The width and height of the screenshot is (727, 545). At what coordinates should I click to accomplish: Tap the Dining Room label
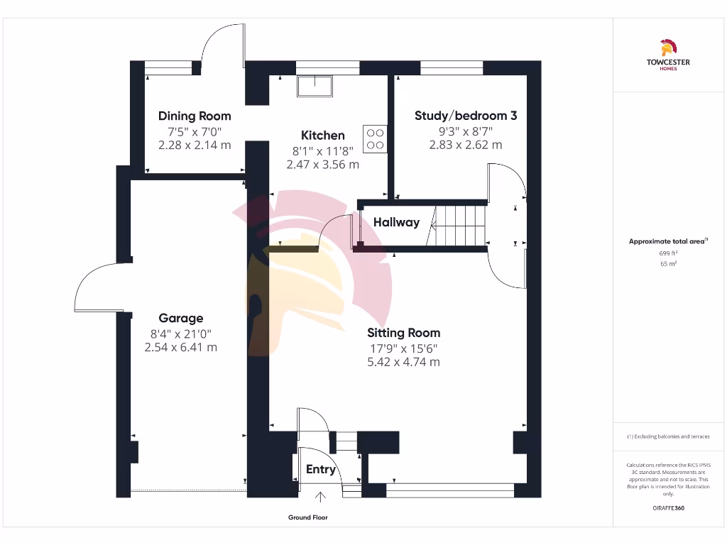pos(195,116)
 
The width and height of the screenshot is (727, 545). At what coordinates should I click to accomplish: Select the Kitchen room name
pos(323,136)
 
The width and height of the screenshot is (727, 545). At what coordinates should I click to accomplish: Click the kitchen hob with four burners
pos(376,139)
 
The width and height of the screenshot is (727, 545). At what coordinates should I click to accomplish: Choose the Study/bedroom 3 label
pos(465,116)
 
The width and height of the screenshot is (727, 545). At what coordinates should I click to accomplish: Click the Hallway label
pos(396,223)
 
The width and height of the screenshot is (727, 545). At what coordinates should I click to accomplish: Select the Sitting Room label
pos(403,333)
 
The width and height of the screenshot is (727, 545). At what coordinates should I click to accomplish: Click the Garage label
pos(180,319)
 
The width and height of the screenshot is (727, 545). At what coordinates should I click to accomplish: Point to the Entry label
pos(320,470)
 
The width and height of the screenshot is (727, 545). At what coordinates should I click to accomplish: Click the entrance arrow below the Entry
pos(319,498)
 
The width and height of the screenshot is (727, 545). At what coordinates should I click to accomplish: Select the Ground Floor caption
pos(308,518)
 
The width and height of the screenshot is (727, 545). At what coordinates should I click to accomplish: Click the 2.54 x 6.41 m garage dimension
pos(180,348)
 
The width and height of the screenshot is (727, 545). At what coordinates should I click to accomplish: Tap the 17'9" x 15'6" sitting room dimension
pos(403,348)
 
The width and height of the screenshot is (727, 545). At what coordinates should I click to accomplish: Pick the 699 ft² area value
pos(667,253)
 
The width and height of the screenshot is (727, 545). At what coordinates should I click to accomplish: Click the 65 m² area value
pos(667,264)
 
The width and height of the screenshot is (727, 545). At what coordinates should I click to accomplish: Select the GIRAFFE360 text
pos(667,508)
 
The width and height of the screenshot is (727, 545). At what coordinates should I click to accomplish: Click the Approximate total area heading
pos(667,241)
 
